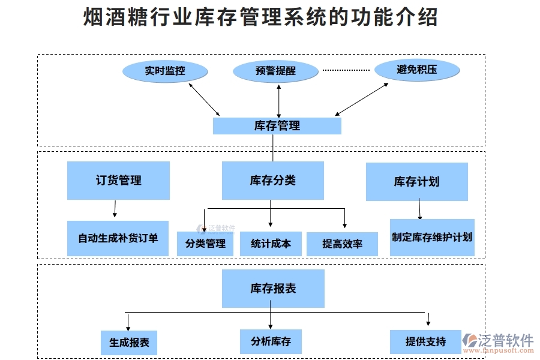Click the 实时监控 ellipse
tap(165, 71)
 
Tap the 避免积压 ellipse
tap(417, 70)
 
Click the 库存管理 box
tap(277, 126)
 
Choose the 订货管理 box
tap(118, 180)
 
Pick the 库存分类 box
tap(273, 180)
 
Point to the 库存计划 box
tap(416, 181)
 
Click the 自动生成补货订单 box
tap(118, 238)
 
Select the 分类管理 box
tap(205, 244)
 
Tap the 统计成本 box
tap(271, 244)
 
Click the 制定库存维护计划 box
tap(432, 237)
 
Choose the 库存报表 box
tap(273, 289)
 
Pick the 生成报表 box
tap(129, 343)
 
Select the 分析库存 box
tap(271, 341)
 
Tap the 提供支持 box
tap(425, 341)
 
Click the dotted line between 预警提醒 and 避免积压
tap(346, 70)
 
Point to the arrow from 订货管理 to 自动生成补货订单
tap(115, 209)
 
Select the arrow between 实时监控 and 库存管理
tap(204, 99)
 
